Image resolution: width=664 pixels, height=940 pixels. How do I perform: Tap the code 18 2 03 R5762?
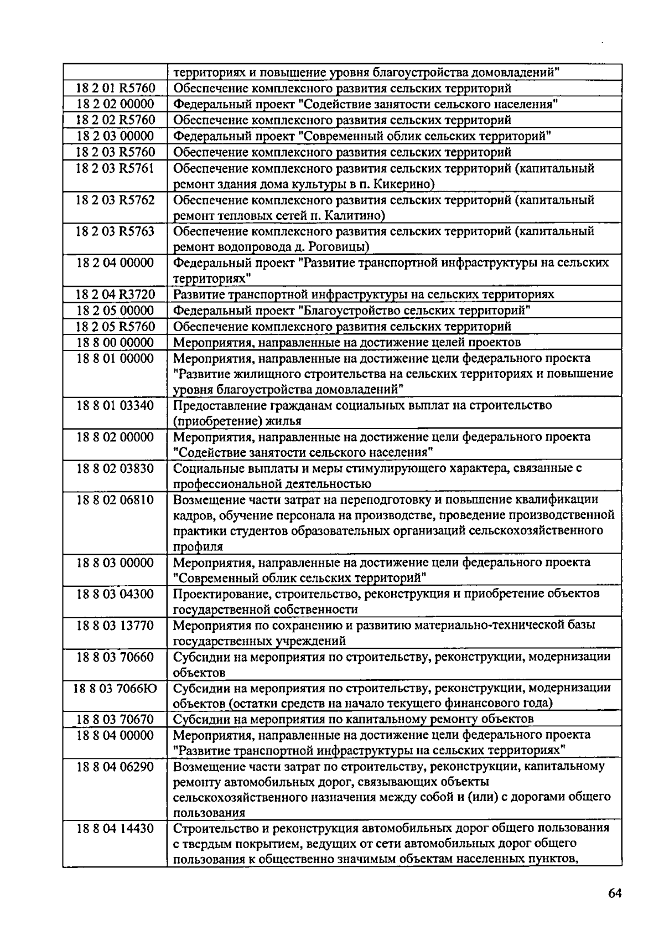point(115,200)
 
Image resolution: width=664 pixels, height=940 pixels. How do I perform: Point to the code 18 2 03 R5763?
point(115,231)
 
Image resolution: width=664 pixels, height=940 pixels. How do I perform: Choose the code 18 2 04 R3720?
point(115,295)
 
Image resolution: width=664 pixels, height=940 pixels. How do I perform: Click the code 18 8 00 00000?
point(115,342)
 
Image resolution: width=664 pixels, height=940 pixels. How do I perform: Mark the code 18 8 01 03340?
point(115,406)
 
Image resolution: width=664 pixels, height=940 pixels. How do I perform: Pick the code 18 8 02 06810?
point(115,500)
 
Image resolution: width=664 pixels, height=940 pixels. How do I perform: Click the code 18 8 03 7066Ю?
point(115,689)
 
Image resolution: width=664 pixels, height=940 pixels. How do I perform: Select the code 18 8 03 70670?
point(115,720)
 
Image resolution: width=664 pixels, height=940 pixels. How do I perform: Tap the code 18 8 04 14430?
point(115,829)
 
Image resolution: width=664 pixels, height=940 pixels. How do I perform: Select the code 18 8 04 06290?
point(115,767)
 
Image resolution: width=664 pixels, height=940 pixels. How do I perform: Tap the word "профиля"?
point(198,548)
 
